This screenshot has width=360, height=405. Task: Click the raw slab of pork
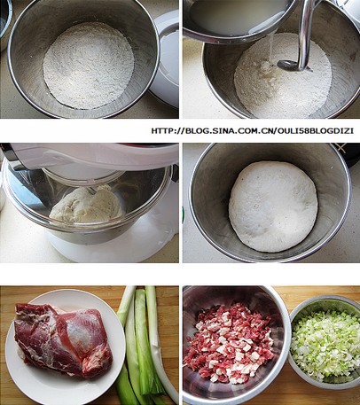pyautogui.click(x=63, y=340)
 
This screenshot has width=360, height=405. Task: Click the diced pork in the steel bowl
pyautogui.click(x=229, y=343)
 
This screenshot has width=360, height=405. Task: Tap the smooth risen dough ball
pyautogui.click(x=273, y=206)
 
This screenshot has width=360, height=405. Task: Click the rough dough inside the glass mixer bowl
pyautogui.click(x=87, y=205)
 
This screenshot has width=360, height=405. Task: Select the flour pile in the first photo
pyautogui.click(x=89, y=65)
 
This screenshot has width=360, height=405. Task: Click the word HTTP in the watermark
pyautogui.click(x=162, y=130)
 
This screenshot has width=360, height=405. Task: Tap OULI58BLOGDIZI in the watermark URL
pyautogui.click(x=315, y=130)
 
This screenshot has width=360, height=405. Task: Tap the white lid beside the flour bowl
pyautogui.click(x=165, y=59)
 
